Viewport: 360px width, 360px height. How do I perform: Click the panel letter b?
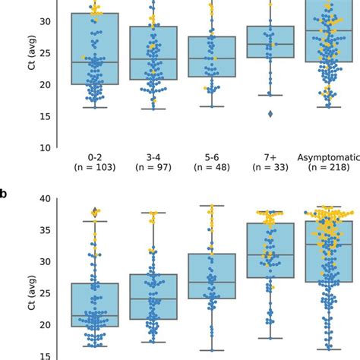pos(4,195)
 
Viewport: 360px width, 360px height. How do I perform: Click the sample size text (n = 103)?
pos(94,168)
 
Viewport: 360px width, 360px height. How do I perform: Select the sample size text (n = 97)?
pos(153,168)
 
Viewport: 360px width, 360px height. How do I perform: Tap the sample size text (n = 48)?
pos(212,168)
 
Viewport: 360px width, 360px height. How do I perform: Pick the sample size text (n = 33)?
pos(270,168)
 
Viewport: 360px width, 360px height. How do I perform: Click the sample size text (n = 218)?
pos(329,168)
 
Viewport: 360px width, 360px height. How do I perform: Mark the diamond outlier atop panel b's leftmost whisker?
pos(95,212)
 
